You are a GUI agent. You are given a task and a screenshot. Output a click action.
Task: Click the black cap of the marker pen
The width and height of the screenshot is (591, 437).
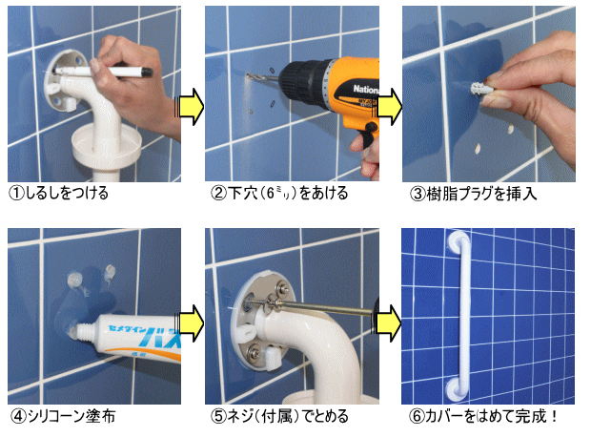point(146,73)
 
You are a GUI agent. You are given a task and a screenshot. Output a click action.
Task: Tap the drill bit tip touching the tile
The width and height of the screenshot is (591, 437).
point(247,75)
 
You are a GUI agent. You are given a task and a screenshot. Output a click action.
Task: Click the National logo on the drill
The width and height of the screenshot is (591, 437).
point(366,90)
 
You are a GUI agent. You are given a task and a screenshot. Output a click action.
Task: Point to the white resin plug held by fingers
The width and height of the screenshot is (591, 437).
point(478,89)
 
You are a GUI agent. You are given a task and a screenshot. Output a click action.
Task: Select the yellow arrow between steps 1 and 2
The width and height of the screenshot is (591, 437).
point(190,107)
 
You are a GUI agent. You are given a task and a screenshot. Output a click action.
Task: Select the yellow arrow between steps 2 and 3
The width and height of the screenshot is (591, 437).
point(388,107)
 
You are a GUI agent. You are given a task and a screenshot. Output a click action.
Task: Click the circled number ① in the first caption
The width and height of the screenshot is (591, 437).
point(16,194)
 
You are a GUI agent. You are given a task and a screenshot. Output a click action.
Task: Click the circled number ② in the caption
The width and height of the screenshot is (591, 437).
point(218,194)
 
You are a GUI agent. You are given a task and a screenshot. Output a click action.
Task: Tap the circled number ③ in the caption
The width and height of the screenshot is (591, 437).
point(418,194)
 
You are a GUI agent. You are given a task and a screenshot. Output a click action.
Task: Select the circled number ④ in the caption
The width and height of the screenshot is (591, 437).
point(17,416)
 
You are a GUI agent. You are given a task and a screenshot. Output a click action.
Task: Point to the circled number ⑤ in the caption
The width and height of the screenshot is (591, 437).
point(218,416)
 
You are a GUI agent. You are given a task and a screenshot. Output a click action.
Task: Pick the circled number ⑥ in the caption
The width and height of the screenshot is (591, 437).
point(417,416)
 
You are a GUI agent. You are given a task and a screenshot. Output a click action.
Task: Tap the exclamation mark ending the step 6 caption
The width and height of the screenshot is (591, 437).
point(553,416)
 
